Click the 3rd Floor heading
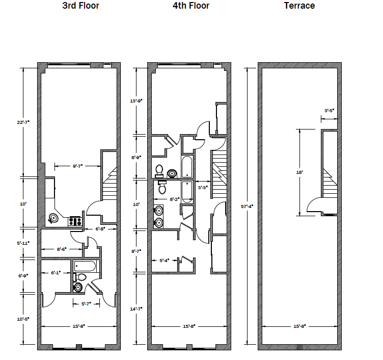(80, 6)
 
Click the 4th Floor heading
(191, 6)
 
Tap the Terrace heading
(299, 6)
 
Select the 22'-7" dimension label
(23, 122)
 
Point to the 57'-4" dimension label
(247, 207)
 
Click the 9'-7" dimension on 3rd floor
(78, 166)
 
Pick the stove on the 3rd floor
(75, 221)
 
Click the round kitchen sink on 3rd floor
(53, 218)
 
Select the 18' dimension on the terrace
(299, 172)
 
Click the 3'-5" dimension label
(329, 111)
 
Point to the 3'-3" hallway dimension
(203, 188)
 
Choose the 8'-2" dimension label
(175, 199)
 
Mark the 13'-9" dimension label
(136, 101)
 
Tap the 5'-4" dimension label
(165, 261)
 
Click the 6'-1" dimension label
(56, 273)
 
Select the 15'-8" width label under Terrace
(299, 326)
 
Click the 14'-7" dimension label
(136, 309)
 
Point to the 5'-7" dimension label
(86, 304)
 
